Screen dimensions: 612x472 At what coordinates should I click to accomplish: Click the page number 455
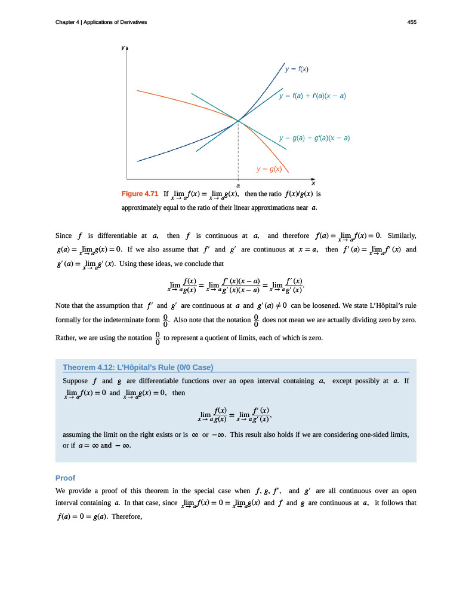412,22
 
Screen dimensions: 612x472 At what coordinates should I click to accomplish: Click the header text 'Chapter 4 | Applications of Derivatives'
101,22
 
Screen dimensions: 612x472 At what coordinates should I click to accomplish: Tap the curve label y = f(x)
296,69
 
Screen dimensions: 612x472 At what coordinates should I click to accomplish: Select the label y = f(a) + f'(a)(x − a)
312,96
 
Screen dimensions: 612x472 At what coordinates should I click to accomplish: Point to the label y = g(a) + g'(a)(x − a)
314,138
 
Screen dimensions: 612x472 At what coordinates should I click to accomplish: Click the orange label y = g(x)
269,169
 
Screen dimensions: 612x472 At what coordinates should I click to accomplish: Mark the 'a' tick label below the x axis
238,186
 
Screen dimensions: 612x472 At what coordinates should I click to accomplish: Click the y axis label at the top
122,47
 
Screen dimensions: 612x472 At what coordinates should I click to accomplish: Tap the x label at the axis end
313,183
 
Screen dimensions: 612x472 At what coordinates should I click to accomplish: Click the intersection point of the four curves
238,121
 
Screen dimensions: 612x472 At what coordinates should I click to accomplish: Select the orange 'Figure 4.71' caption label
140,194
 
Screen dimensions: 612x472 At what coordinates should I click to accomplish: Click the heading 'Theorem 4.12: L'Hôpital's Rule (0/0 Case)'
138,367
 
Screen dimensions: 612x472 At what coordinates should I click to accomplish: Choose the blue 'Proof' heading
65,478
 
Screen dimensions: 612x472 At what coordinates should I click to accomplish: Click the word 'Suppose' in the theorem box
76,381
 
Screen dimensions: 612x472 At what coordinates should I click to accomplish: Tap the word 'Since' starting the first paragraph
63,235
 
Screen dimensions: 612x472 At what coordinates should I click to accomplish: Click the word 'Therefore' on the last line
126,516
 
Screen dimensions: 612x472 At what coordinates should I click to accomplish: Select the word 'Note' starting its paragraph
62,306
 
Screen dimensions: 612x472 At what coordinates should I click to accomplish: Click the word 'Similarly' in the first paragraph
402,235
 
